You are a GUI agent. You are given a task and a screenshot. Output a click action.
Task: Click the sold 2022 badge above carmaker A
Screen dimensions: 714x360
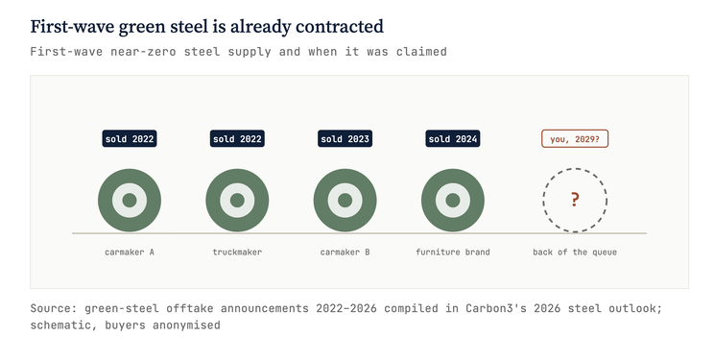[130, 139]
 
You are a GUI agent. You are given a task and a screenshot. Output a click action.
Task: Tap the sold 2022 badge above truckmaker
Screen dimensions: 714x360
[237, 139]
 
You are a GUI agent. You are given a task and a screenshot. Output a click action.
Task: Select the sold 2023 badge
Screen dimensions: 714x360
[345, 139]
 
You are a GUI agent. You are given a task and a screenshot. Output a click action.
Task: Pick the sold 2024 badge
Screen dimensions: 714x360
[453, 139]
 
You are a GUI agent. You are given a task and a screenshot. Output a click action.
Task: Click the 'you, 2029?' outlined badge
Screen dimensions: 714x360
[575, 139]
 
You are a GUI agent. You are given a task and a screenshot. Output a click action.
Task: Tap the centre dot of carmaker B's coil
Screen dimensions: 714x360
[345, 200]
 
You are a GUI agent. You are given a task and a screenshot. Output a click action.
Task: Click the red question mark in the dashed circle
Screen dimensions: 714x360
[575, 200]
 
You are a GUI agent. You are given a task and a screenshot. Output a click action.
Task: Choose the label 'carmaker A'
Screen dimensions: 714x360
[130, 252]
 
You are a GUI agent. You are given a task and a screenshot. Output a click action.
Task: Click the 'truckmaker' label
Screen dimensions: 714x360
[237, 252]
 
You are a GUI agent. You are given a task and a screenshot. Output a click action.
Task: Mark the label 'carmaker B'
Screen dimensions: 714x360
[345, 252]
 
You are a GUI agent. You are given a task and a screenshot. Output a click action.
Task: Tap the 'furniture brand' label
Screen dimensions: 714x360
[453, 252]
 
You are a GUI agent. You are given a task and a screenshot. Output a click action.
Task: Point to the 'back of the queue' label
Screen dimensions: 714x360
[575, 252]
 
